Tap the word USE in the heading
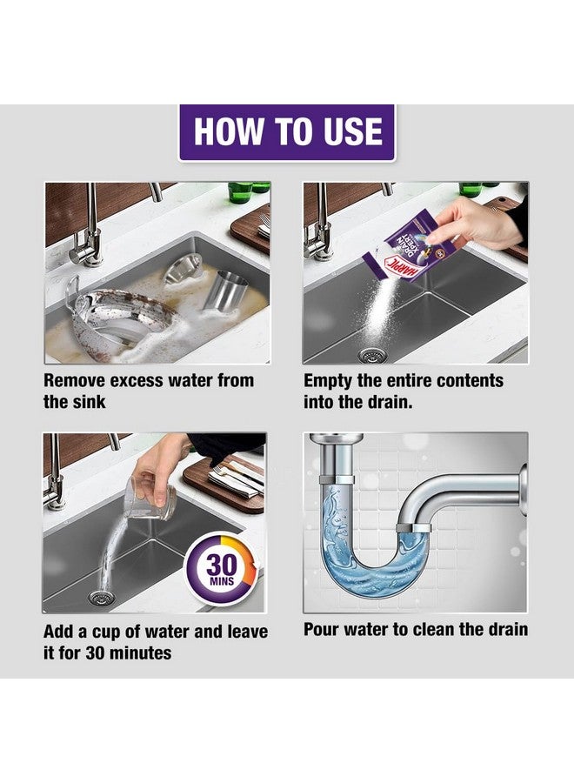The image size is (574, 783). (x=348, y=131)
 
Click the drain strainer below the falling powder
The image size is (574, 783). (x=373, y=354)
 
